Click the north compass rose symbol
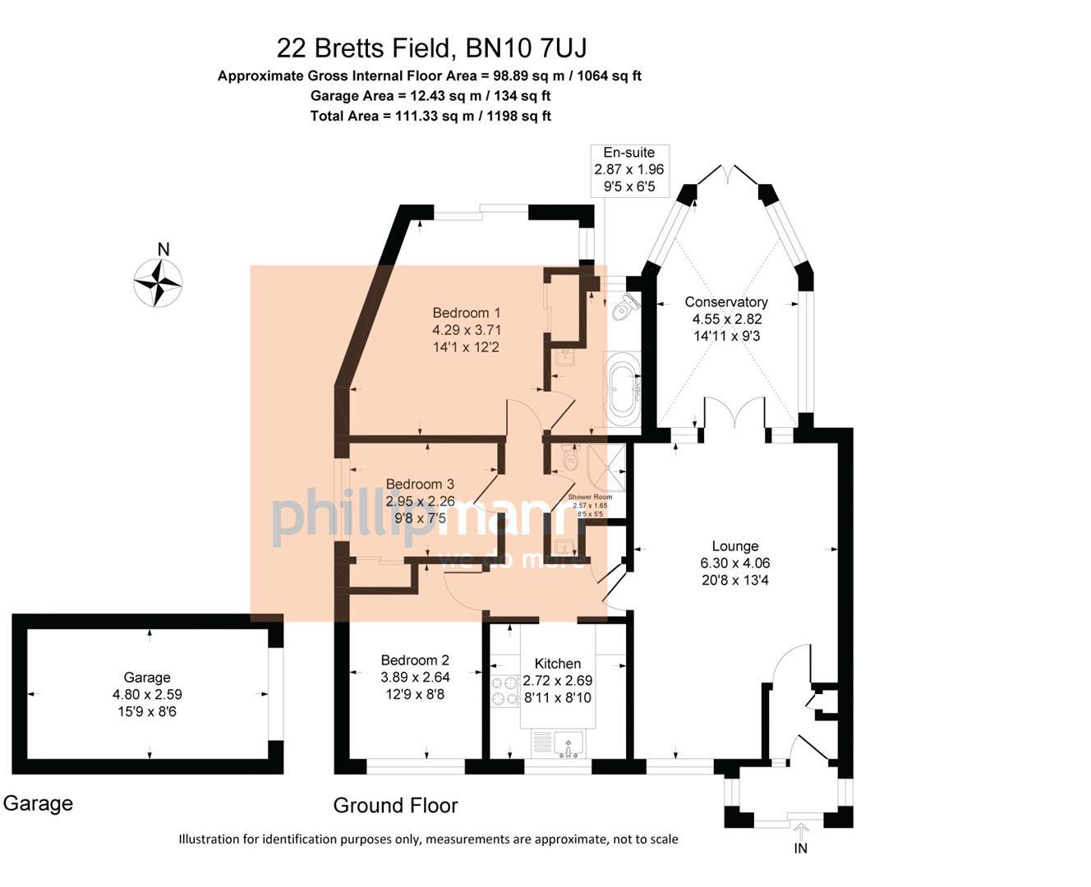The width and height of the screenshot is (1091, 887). click(x=158, y=283)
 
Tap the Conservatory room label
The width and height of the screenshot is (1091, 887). click(x=726, y=302)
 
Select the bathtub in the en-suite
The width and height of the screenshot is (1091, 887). click(x=622, y=388)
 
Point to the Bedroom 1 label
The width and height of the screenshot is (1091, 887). click(x=466, y=313)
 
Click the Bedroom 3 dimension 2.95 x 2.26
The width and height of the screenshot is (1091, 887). click(x=420, y=501)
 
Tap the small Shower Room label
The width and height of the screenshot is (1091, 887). click(x=590, y=498)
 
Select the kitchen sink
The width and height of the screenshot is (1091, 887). click(x=568, y=745)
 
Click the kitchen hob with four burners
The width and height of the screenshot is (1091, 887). click(x=500, y=690)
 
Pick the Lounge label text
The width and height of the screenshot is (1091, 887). click(x=734, y=546)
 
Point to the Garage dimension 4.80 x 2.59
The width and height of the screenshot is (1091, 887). click(x=147, y=695)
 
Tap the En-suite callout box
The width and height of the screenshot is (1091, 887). click(x=629, y=170)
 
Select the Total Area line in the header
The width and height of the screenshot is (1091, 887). click(x=430, y=116)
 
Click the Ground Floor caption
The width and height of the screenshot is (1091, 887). click(x=395, y=806)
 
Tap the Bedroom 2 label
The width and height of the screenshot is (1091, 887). click(x=415, y=660)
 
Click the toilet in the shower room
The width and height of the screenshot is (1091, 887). click(x=571, y=457)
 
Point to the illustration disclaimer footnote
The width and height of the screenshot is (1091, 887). click(x=428, y=839)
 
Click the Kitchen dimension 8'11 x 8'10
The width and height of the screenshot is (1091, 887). click(x=557, y=698)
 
